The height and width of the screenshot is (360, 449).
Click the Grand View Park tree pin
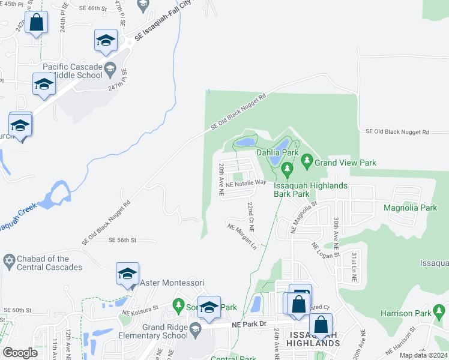tap(307, 161)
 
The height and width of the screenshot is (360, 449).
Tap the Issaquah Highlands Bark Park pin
tap(287, 173)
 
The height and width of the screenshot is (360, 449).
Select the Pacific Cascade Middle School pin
tap(110, 70)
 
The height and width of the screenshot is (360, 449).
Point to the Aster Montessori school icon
tap(127, 274)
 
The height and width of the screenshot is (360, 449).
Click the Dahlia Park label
tap(277, 153)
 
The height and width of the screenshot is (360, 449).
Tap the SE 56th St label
tap(122, 240)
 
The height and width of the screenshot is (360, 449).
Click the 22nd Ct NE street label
tap(251, 217)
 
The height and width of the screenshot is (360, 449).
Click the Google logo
tap(20, 353)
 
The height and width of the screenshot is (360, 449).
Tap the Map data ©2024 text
tap(423, 355)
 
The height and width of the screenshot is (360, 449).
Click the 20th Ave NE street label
tap(221, 180)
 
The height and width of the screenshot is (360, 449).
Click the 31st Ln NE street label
tap(355, 267)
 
